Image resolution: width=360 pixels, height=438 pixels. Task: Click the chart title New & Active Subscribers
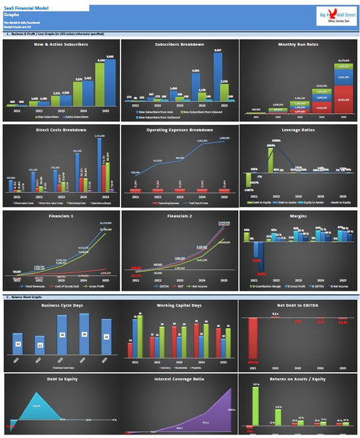point(61,45)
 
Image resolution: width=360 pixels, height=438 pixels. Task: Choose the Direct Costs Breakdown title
point(61,129)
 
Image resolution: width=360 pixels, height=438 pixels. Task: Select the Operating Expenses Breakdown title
point(179,129)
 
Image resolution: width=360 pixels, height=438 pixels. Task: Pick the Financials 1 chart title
point(61,217)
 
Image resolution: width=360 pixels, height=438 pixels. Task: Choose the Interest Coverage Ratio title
point(179,380)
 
